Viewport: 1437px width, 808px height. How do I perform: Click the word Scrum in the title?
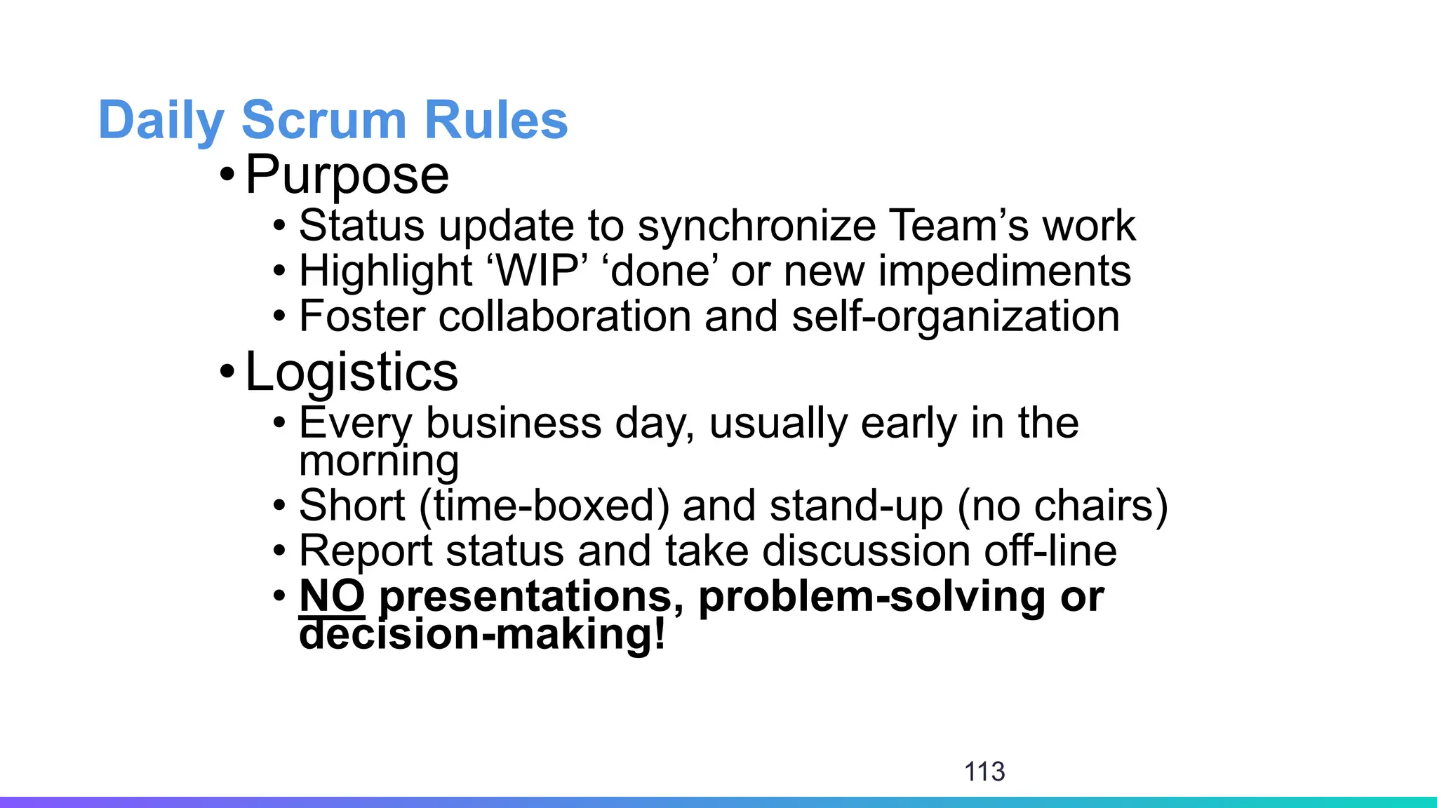[x=323, y=120]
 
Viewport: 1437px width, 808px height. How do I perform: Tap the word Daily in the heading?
[x=161, y=121]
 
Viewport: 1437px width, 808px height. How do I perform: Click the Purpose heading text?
[x=347, y=175]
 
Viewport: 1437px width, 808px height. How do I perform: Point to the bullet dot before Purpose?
[x=226, y=173]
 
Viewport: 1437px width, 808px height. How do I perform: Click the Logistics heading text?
[x=352, y=372]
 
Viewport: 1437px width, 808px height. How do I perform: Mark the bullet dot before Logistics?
[x=226, y=370]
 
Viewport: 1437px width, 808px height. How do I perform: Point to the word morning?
[x=379, y=461]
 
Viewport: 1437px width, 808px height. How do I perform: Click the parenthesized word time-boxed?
[x=544, y=506]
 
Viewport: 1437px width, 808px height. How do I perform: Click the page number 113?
[x=984, y=772]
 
